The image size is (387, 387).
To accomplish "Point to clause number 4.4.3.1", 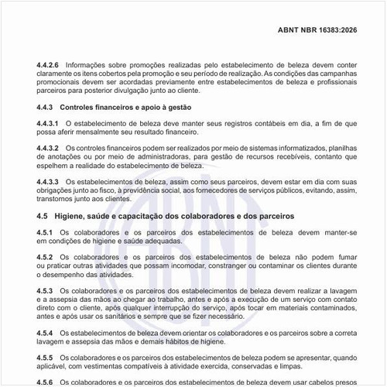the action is [48, 123].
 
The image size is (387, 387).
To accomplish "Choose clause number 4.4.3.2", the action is [48, 147].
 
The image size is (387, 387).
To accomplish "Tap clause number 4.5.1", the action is [45, 232].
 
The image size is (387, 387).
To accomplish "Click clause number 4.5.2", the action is [45, 256].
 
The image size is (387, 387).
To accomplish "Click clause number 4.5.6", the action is [45, 381].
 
